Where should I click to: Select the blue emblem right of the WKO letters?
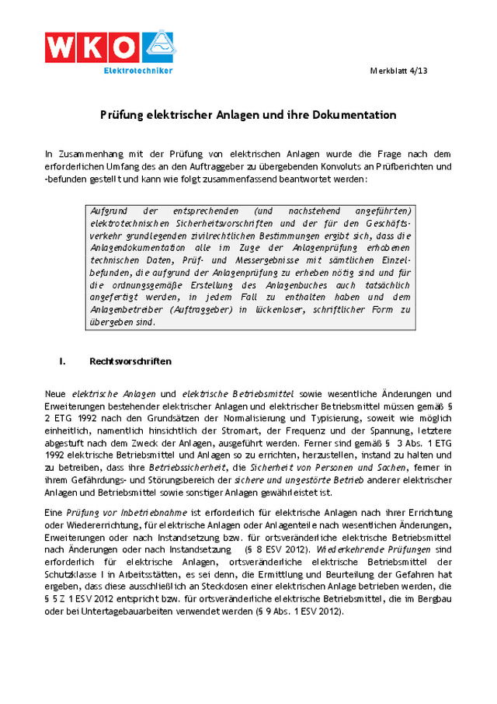(x=158, y=46)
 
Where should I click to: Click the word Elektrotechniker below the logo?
(x=138, y=71)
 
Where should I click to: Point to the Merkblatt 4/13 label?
(x=421, y=71)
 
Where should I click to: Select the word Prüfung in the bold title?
(x=122, y=115)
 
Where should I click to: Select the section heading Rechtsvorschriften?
(x=130, y=362)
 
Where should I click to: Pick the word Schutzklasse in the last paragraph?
(x=70, y=573)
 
